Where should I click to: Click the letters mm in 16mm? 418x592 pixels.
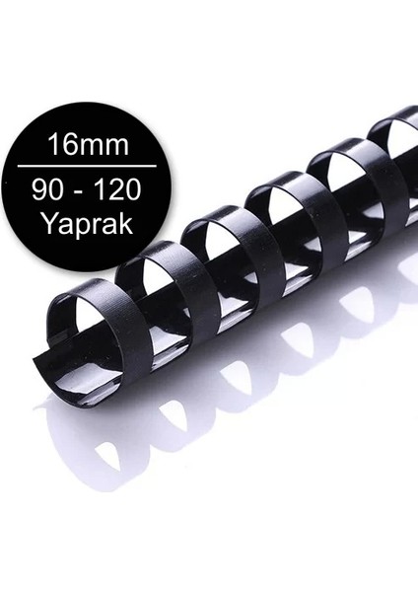[x=110, y=149]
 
